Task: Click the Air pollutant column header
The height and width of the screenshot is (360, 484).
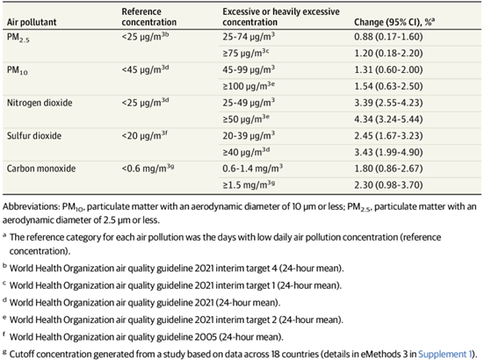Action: pyautogui.click(x=32, y=22)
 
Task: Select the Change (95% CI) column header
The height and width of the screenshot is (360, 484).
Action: pyautogui.click(x=394, y=22)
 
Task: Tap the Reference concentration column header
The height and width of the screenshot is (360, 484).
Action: pyautogui.click(x=149, y=17)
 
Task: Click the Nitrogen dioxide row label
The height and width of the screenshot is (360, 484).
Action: pyautogui.click(x=40, y=103)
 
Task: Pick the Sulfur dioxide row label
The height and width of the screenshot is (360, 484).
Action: pyautogui.click(x=34, y=136)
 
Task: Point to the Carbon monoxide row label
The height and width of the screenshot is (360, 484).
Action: pyautogui.click(x=41, y=169)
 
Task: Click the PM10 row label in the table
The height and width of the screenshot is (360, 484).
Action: pyautogui.click(x=18, y=70)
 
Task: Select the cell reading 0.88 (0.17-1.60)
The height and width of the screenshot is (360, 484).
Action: pyautogui.click(x=388, y=37)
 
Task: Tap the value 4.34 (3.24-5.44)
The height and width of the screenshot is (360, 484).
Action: pyautogui.click(x=388, y=119)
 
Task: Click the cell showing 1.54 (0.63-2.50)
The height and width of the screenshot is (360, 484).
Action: pyautogui.click(x=388, y=86)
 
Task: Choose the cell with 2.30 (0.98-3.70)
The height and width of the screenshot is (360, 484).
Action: pyautogui.click(x=388, y=184)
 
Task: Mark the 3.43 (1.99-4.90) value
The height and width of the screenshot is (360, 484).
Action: pyautogui.click(x=388, y=152)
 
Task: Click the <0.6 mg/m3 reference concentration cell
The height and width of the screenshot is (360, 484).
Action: pyautogui.click(x=148, y=168)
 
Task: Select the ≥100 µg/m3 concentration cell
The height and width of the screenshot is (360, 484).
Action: pyautogui.click(x=249, y=86)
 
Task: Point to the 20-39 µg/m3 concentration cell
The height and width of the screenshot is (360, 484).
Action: pyautogui.click(x=249, y=136)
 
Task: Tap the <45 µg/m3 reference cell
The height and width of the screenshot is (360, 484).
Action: pyautogui.click(x=145, y=69)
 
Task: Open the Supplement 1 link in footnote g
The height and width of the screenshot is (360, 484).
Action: pyautogui.click(x=444, y=354)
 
